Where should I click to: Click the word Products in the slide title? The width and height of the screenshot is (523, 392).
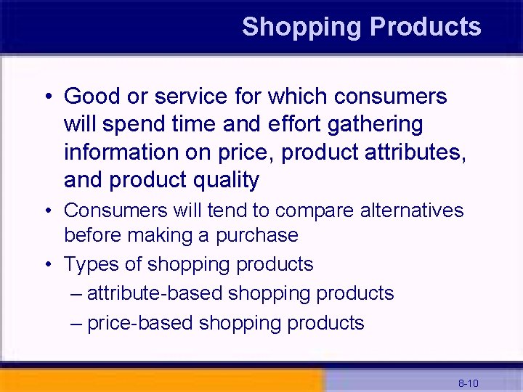[425, 27]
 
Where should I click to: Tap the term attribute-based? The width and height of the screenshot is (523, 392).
[155, 293]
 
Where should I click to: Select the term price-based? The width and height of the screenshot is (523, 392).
[140, 322]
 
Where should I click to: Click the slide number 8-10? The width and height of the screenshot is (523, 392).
[468, 383]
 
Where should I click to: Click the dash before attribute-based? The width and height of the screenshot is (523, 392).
[77, 294]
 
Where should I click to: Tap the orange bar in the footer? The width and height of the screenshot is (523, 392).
[160, 380]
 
